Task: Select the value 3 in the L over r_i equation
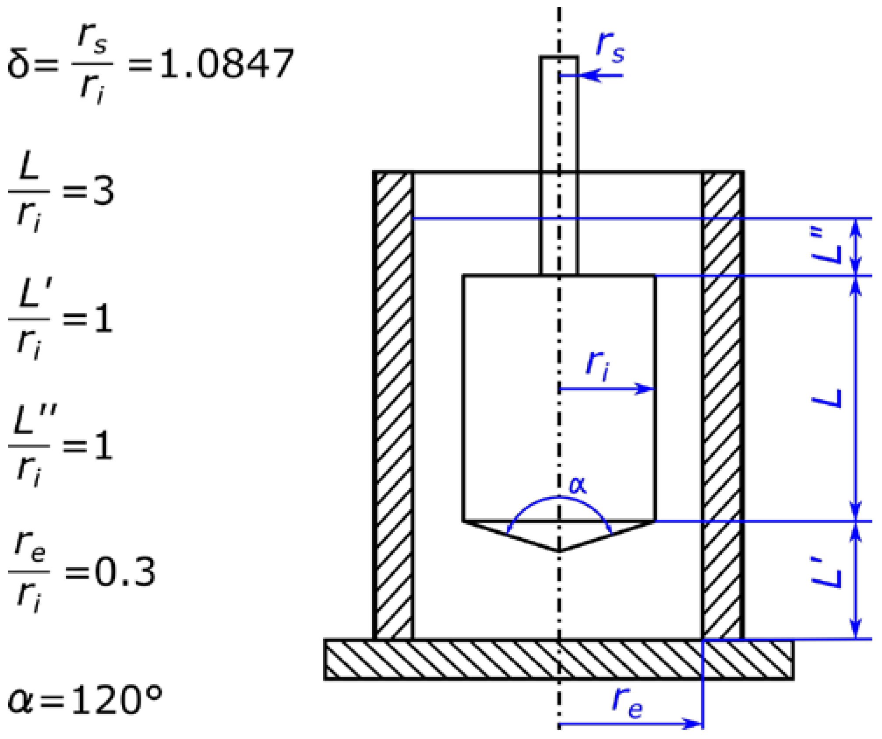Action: (x=104, y=191)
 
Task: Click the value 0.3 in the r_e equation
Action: (x=125, y=572)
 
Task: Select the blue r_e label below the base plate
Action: (x=627, y=701)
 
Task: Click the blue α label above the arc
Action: (x=577, y=485)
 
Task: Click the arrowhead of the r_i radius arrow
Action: (x=647, y=389)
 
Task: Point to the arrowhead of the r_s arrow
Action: (x=588, y=76)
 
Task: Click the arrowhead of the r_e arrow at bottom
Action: (x=695, y=724)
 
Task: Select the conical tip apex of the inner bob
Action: (x=559, y=550)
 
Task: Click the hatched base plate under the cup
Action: (x=482, y=659)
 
